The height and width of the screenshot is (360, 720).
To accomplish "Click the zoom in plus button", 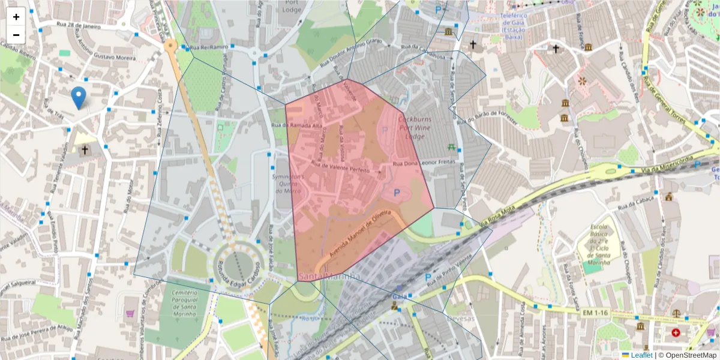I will coord(16,16).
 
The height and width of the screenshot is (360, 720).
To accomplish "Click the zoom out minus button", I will coord(16,34).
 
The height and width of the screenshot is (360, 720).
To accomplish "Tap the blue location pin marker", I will coord(78,98).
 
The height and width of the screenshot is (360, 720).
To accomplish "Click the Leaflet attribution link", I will coord(641,355).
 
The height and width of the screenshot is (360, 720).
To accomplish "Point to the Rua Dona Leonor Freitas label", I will coord(424,163).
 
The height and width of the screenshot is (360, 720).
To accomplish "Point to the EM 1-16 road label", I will coord(595,313).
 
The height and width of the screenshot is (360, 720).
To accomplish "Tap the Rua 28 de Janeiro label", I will coord(78,26).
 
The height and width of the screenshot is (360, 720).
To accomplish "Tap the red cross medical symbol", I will coord(677,332).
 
